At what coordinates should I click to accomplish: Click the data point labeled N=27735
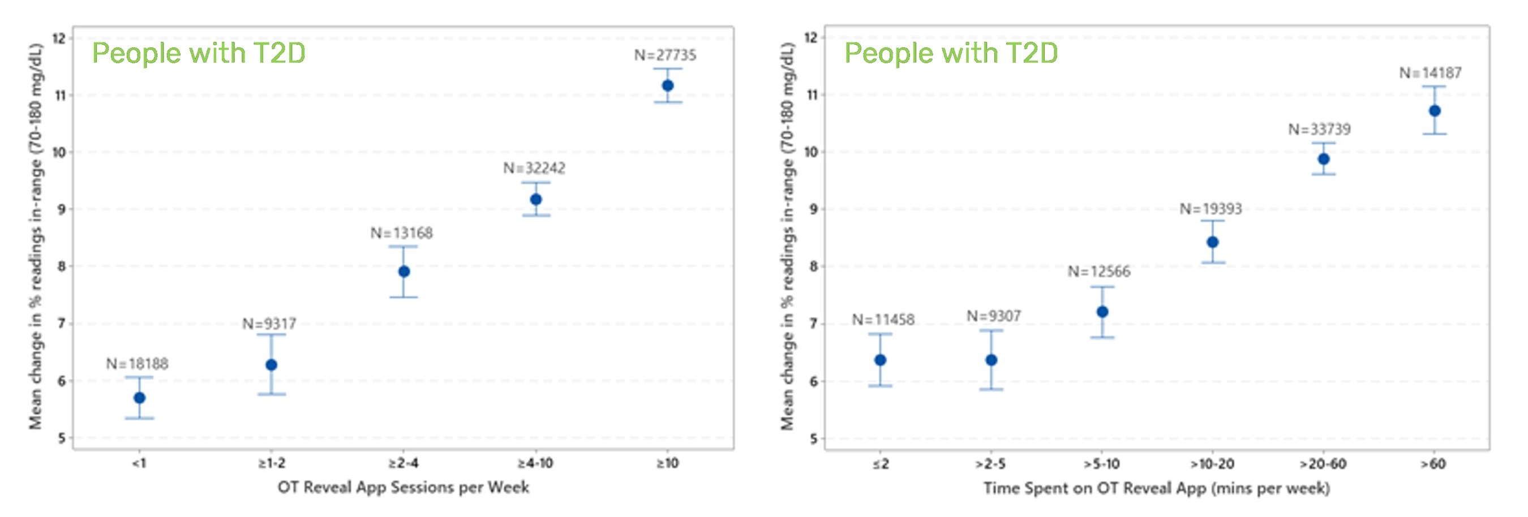click(667, 85)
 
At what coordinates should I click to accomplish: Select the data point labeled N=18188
click(139, 398)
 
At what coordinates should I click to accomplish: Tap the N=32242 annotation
click(534, 169)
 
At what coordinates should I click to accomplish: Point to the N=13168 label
click(402, 233)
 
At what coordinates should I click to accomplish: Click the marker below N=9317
click(271, 365)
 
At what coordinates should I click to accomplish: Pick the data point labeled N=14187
click(1434, 111)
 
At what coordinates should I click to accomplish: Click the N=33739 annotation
click(1319, 129)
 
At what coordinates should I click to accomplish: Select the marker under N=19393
click(1212, 242)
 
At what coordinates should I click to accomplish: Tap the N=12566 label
click(1099, 272)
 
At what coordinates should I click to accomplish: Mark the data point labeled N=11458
click(880, 360)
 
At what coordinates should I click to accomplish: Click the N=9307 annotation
click(994, 316)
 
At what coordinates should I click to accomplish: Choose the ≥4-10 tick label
click(535, 463)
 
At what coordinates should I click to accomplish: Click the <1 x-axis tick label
click(139, 463)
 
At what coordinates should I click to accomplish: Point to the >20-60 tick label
click(1323, 464)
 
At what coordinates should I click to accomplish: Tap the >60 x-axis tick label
click(1433, 464)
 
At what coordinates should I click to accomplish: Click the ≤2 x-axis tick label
click(880, 464)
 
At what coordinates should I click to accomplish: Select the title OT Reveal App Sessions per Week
click(404, 488)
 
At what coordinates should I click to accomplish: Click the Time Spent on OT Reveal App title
click(1157, 489)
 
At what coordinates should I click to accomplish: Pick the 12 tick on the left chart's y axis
click(59, 38)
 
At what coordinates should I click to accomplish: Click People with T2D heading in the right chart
click(951, 53)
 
